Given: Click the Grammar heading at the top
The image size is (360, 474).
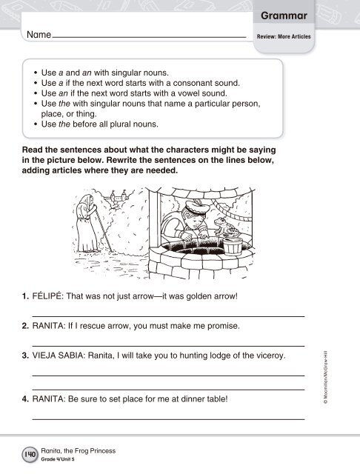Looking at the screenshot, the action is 284,16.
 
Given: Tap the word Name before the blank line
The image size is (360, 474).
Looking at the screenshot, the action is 39,35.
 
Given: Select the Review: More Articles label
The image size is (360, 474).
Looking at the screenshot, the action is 284,36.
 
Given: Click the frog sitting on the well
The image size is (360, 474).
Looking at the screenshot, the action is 226,227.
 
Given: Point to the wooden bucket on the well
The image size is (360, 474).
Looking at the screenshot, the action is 233,247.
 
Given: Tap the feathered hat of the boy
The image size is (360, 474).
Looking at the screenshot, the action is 197,206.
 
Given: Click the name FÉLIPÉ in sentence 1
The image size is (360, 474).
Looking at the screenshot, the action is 47,296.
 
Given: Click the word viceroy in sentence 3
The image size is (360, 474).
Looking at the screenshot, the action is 271,355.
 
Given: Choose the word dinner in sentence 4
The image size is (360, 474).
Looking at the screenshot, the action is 193,399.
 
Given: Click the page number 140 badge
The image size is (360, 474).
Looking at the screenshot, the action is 30,454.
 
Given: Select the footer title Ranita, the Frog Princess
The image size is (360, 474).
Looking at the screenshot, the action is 79,451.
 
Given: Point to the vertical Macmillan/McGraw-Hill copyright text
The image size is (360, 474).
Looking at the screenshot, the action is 325,377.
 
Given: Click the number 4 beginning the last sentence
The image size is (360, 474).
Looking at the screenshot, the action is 24,399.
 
